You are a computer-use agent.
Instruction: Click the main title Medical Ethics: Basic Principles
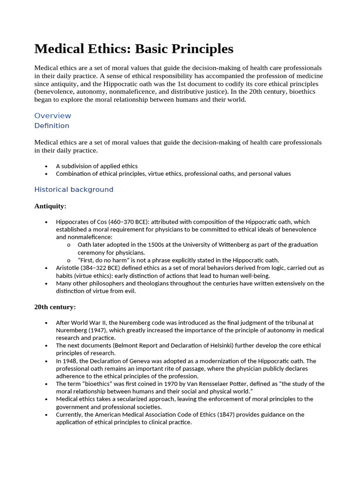click(x=134, y=49)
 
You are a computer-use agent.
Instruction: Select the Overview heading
click(x=52, y=116)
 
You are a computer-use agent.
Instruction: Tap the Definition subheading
click(x=52, y=126)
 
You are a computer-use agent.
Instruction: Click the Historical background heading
click(x=74, y=189)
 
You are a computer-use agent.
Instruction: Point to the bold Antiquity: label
click(x=50, y=206)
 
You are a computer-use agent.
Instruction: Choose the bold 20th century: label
click(x=55, y=307)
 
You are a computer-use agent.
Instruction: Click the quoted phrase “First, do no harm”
click(x=105, y=260)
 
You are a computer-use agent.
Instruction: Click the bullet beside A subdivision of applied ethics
click(x=46, y=166)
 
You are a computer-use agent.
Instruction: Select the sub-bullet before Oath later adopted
click(x=68, y=245)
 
